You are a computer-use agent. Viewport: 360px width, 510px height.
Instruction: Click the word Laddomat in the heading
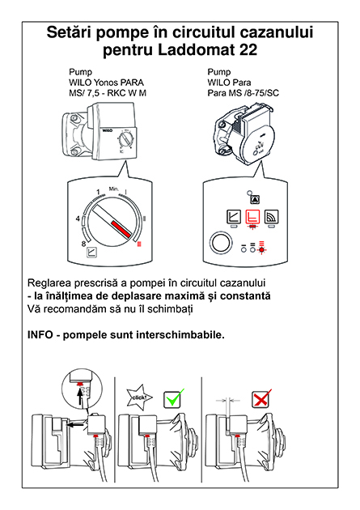click(196, 50)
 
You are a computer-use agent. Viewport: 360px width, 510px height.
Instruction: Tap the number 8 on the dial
click(83, 244)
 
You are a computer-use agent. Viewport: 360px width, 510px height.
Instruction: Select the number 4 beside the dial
click(78, 219)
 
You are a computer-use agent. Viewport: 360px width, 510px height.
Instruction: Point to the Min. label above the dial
click(114, 189)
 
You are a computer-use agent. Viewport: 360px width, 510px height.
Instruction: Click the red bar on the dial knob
click(121, 228)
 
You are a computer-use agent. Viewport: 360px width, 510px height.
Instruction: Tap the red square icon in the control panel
click(252, 216)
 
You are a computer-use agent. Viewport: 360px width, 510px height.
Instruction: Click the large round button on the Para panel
click(222, 243)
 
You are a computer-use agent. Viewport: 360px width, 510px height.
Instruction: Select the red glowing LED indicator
click(261, 249)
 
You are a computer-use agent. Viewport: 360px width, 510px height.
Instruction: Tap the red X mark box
click(261, 399)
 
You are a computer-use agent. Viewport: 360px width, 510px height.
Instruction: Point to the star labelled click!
click(139, 397)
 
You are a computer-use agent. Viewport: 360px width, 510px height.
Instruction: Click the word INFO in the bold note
click(40, 334)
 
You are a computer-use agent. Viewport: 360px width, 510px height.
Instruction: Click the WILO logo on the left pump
click(108, 130)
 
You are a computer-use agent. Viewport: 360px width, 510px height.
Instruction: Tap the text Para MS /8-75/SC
click(243, 93)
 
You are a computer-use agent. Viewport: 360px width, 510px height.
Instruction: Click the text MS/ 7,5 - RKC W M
click(108, 93)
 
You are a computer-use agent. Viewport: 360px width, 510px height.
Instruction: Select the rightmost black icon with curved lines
click(271, 216)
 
